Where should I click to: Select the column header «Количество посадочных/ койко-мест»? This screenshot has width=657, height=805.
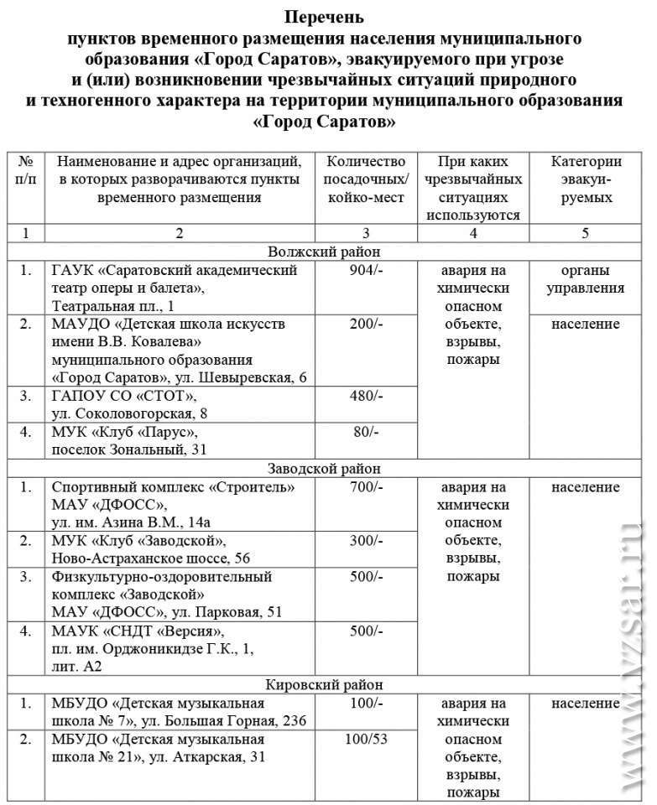pos(366,179)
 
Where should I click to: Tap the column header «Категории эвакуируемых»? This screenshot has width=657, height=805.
pos(586,179)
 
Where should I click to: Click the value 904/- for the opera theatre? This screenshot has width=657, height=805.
pos(365,271)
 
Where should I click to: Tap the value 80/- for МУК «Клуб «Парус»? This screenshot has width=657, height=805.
pos(365,432)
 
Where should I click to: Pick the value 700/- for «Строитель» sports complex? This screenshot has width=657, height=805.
pos(365,487)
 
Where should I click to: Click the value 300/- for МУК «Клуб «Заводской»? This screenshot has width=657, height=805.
pos(365,541)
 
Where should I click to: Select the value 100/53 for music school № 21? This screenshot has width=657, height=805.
pos(365,740)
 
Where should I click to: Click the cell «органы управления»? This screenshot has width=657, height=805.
pos(586,279)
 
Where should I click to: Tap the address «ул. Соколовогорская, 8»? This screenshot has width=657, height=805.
pos(129,414)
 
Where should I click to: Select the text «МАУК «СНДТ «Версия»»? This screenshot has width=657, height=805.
pos(138,631)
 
